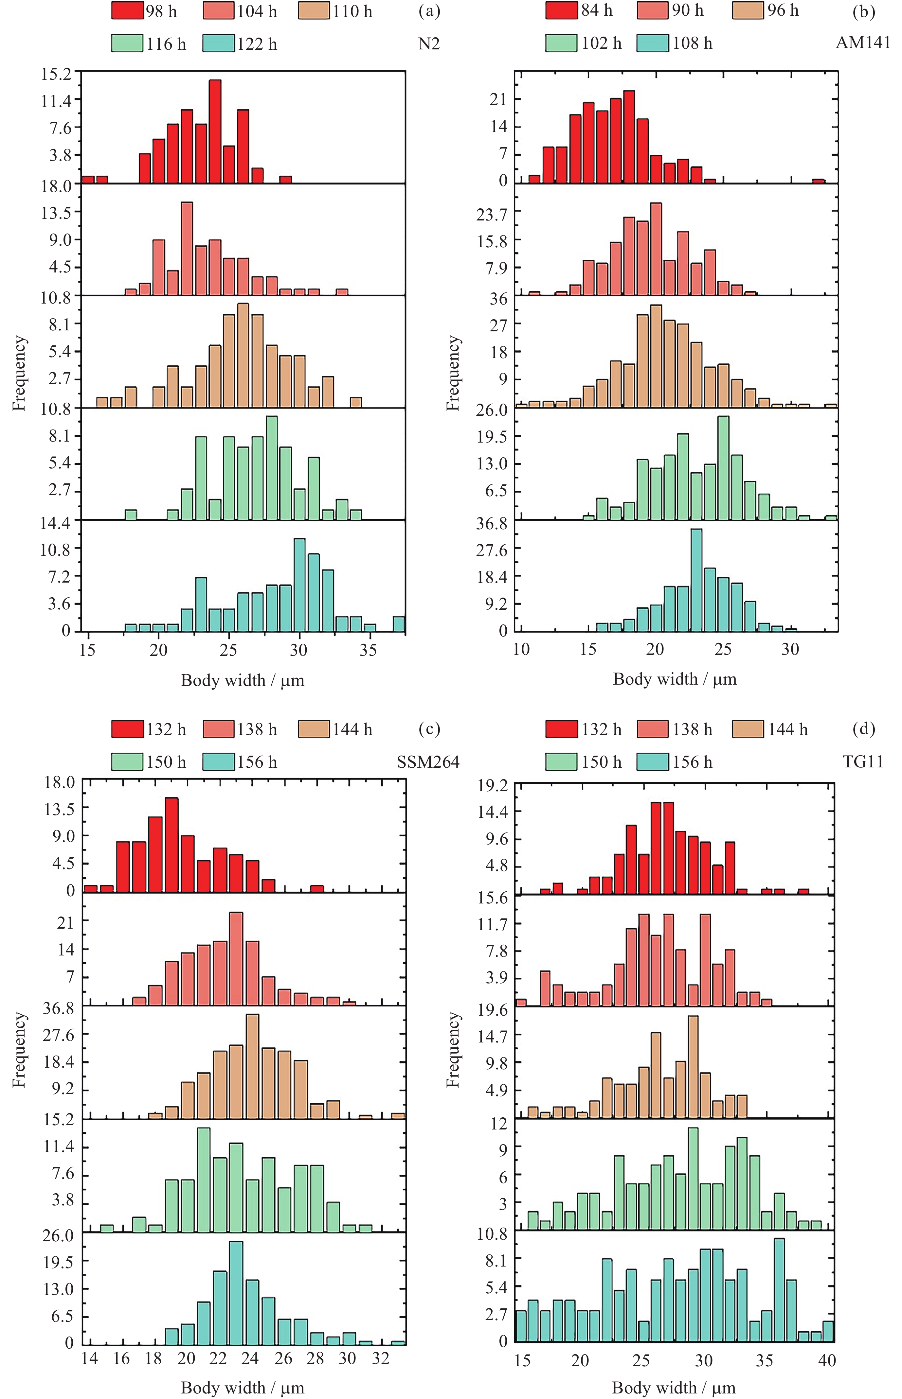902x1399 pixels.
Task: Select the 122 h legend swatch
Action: point(219,44)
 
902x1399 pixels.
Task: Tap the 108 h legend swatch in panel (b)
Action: point(653,43)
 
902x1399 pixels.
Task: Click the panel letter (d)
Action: point(864,729)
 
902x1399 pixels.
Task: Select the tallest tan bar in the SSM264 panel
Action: point(252,1066)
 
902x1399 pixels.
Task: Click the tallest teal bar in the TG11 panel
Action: point(779,1289)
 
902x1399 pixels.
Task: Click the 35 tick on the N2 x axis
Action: point(368,650)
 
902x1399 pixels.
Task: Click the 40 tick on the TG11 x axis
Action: point(826,1360)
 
